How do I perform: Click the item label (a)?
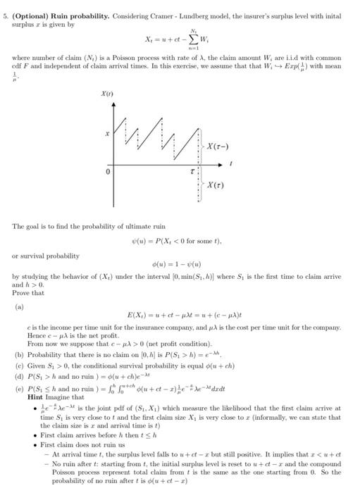(x=20, y=308)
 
